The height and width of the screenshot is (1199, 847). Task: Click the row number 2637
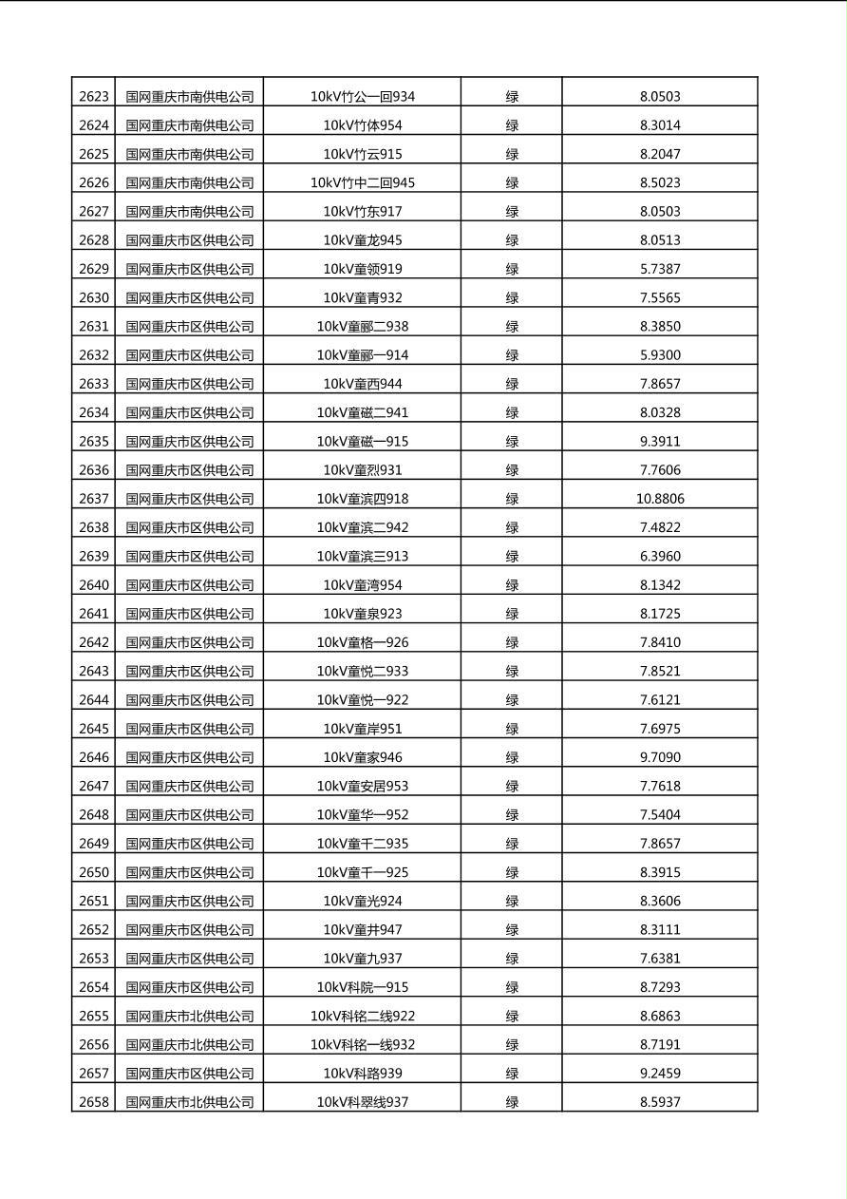coord(94,499)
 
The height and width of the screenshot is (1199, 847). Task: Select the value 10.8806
coord(660,499)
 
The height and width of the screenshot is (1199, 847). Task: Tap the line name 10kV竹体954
coord(362,125)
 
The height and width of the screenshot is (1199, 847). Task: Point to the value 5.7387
coord(660,269)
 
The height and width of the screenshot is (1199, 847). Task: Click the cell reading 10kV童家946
coord(362,757)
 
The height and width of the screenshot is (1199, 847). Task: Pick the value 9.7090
coord(660,757)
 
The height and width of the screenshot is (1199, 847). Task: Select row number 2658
coord(94,1102)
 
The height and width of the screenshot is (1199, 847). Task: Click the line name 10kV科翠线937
coord(362,1102)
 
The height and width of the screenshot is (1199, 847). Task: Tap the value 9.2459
coord(660,1074)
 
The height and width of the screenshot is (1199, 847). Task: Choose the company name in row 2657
coord(190,1074)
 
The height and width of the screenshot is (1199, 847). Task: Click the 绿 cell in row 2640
coord(512,585)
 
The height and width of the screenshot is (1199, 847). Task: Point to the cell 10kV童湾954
coord(362,585)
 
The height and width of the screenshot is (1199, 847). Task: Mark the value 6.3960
coord(660,557)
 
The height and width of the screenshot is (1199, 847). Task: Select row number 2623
coord(94,97)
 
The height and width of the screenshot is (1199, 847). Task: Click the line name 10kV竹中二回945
coord(362,182)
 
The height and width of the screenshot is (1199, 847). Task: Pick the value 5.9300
coord(660,355)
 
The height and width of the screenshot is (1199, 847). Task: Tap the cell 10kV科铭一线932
coord(362,1045)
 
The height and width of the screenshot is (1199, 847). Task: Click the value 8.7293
coord(660,987)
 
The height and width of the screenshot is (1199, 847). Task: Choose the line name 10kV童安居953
coord(362,786)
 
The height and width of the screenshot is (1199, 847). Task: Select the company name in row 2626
coord(190,182)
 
